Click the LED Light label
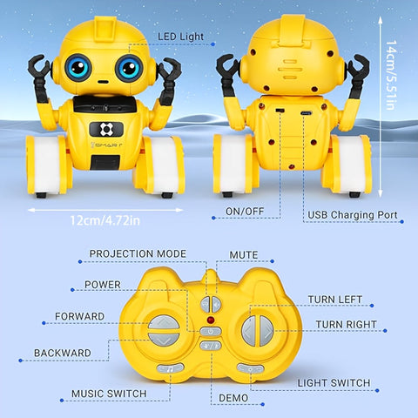pos(180,37)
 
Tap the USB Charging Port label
pos(352,215)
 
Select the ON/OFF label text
pos(245,211)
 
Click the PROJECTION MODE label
pos(138,253)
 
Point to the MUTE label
pos(244,255)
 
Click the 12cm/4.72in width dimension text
pos(105,220)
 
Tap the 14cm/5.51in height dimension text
pos(391,75)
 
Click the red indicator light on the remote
pos(211,320)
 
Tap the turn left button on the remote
pos(249,331)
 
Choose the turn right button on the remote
pos(266,331)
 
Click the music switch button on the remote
pos(170,368)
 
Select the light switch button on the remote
pos(250,368)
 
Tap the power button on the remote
pos(211,331)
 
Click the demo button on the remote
pos(211,346)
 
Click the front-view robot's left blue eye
pos(78,67)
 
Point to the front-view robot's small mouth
pos(103,82)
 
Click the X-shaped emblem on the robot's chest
pos(106,129)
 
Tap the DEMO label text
pos(233,398)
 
